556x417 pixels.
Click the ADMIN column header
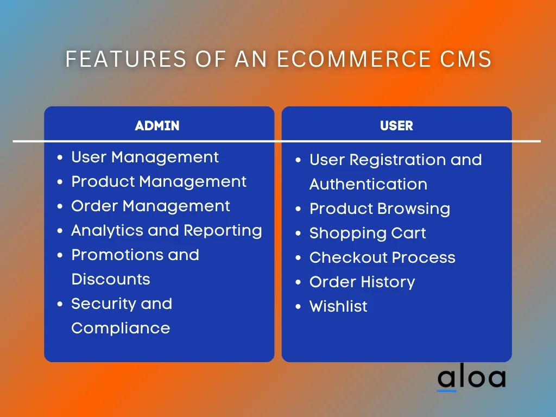[x=157, y=125]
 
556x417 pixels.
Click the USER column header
[x=396, y=125]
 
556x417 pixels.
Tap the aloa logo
[x=472, y=377]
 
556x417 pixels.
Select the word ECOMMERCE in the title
[x=353, y=59]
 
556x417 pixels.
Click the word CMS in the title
[x=465, y=59]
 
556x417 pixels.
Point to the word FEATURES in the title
[x=126, y=59]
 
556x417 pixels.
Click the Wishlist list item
[x=338, y=306]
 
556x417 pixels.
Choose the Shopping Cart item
[x=368, y=233]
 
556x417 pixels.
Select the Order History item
[x=362, y=282]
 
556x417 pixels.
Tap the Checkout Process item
[x=382, y=257]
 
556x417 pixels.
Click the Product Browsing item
[x=380, y=209]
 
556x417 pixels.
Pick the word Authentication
[x=369, y=185]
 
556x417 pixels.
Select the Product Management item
[x=159, y=182]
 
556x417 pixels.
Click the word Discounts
[x=111, y=280]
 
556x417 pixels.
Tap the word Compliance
[x=121, y=328]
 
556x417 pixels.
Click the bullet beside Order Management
[x=60, y=206]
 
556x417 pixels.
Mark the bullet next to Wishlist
[x=298, y=307]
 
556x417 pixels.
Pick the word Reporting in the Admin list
[x=223, y=231]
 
